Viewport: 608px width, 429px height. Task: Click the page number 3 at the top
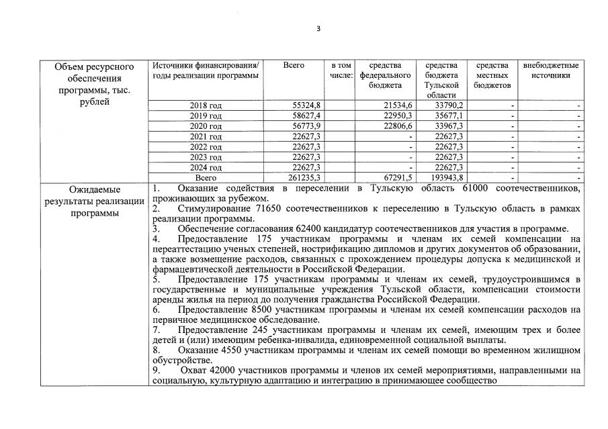pyautogui.click(x=318, y=29)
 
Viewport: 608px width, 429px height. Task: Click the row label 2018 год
pyautogui.click(x=206, y=105)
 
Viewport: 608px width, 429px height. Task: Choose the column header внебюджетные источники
pyautogui.click(x=550, y=70)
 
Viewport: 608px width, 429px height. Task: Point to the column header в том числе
pyautogui.click(x=341, y=70)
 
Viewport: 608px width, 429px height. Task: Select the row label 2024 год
pyautogui.click(x=206, y=167)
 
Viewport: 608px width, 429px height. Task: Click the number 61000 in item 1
pyautogui.click(x=474, y=188)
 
